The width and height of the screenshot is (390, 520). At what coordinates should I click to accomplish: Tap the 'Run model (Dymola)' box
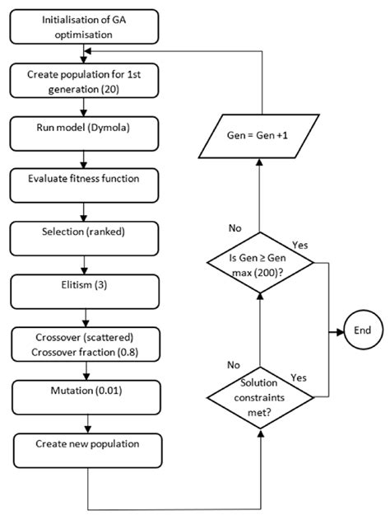click(86, 131)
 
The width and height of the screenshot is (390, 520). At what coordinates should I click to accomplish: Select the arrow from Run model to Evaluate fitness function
click(86, 157)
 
